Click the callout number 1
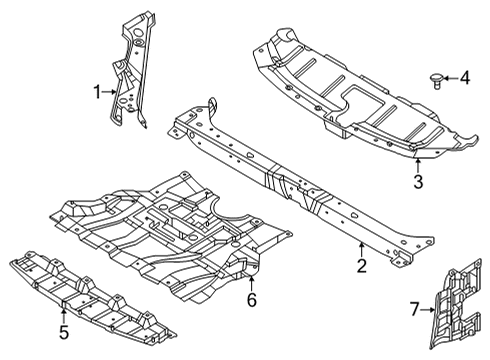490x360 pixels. tap(98, 93)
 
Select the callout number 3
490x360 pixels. tap(418, 181)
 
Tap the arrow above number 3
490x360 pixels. tap(418, 163)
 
